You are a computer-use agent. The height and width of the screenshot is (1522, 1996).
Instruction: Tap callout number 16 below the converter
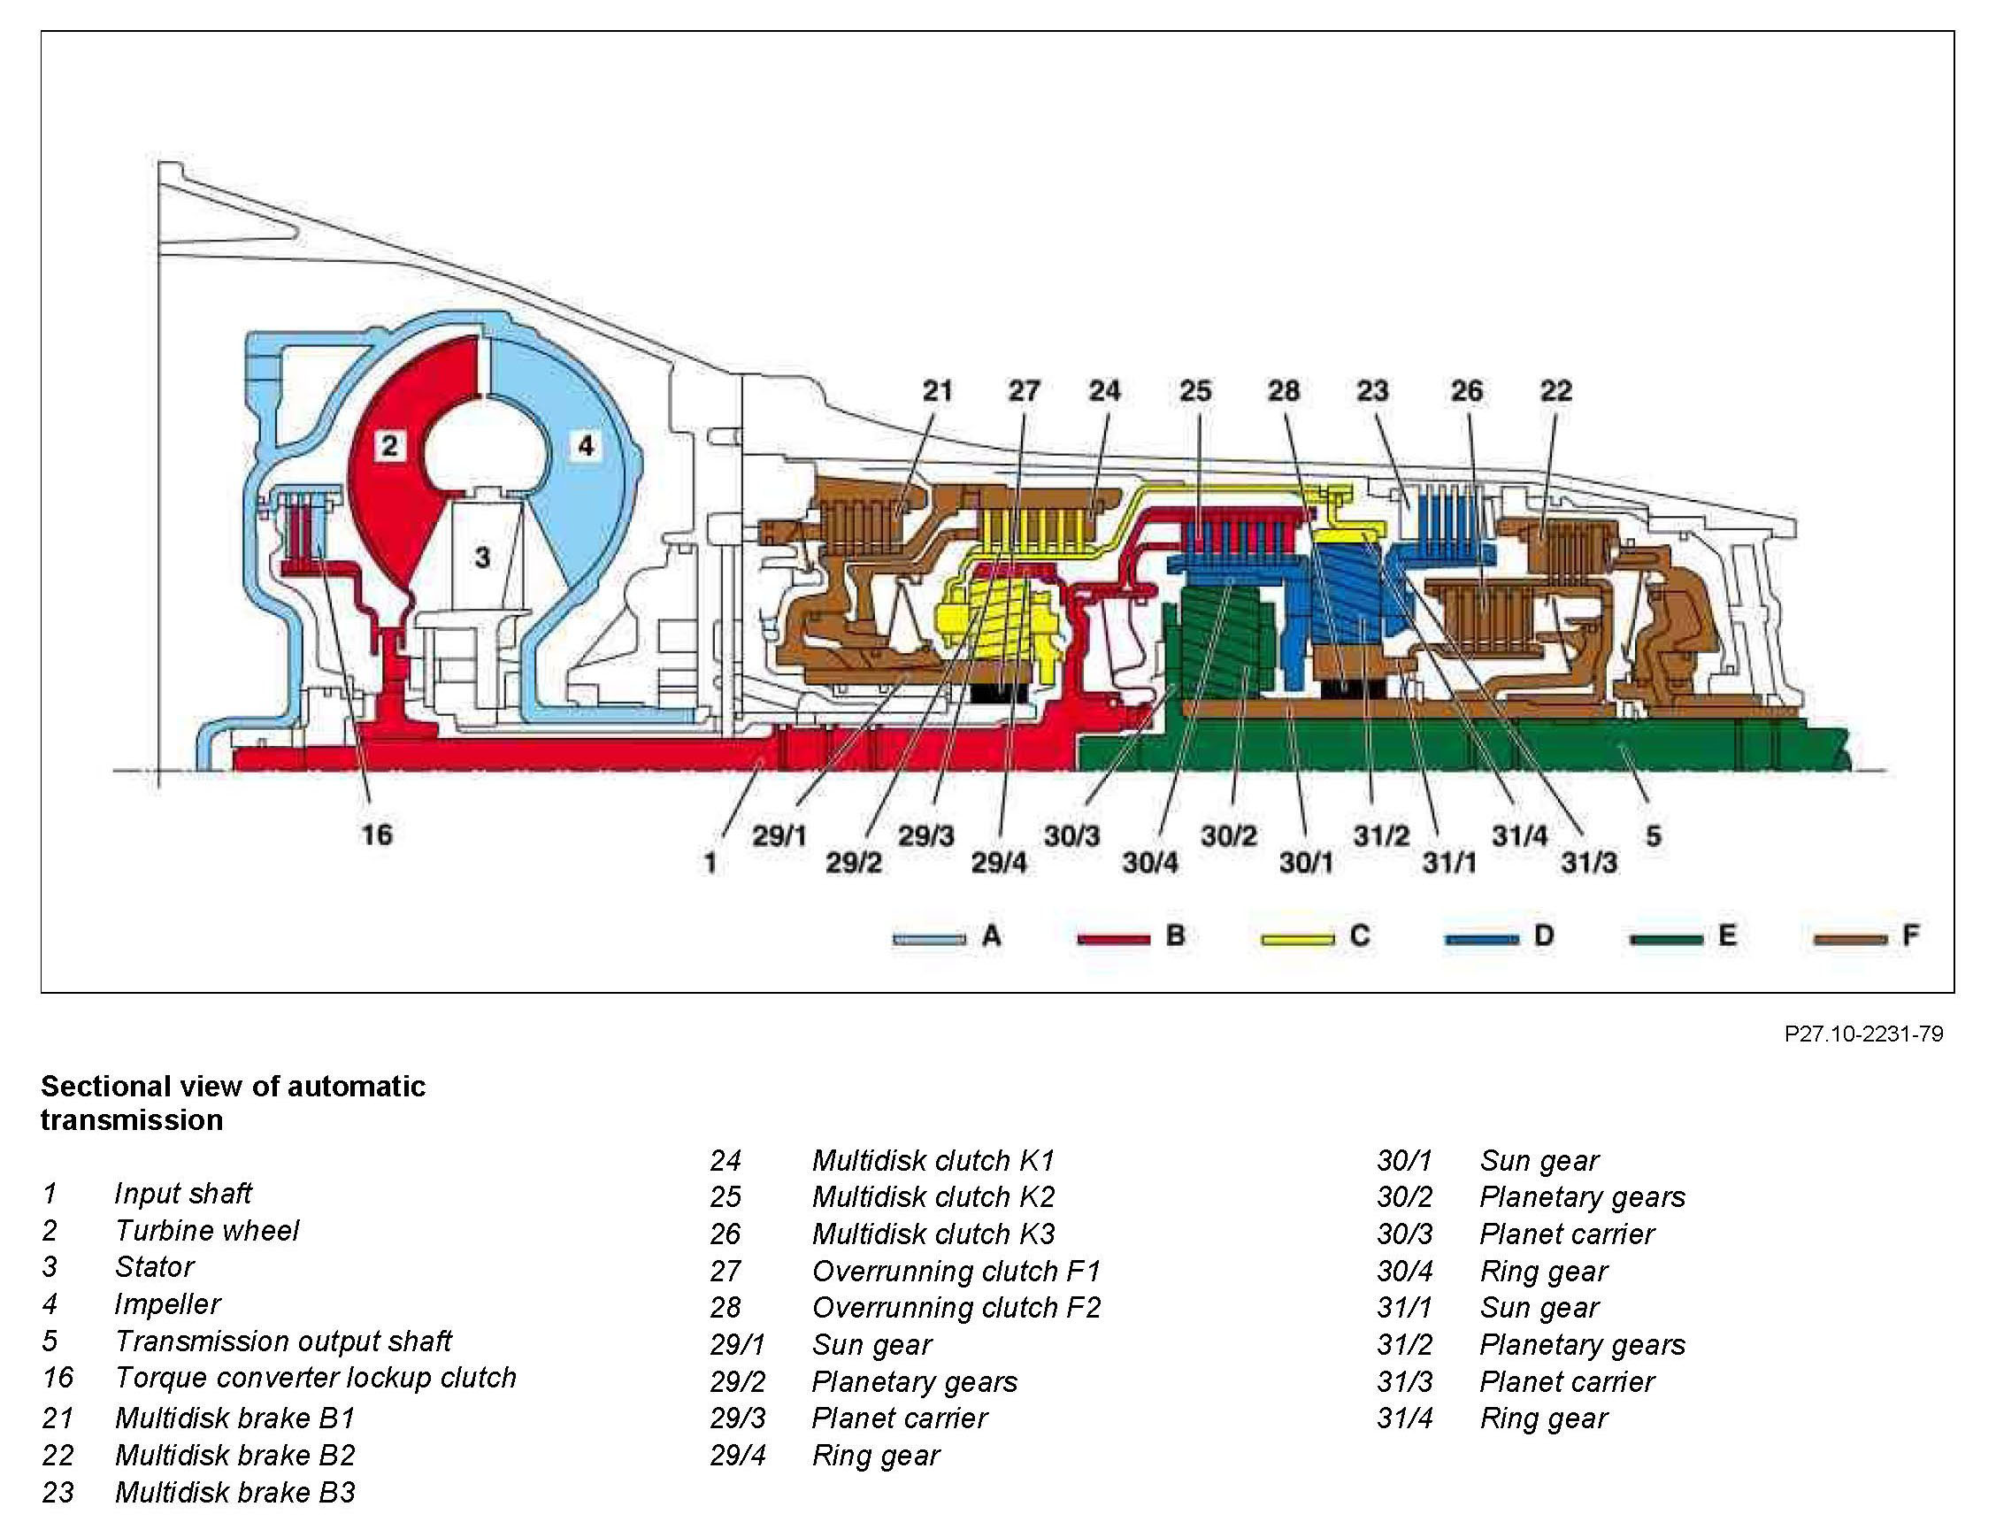(x=377, y=834)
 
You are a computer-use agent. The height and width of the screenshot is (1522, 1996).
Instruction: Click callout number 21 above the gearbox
(x=937, y=391)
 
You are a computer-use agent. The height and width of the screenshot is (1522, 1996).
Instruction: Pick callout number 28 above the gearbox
(x=1283, y=391)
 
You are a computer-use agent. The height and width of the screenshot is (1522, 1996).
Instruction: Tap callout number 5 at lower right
(x=1653, y=835)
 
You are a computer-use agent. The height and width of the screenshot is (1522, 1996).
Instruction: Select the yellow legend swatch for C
(x=1297, y=940)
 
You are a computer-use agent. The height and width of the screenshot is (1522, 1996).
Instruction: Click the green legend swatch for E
(x=1665, y=940)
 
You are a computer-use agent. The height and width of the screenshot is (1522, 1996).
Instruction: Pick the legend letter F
(x=1910, y=935)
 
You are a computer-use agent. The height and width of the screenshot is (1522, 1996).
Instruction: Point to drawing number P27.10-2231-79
(x=1863, y=1034)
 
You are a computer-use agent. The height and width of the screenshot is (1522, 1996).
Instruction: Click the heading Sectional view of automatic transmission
(x=233, y=1103)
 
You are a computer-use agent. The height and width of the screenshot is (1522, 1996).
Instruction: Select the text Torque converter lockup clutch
(x=315, y=1378)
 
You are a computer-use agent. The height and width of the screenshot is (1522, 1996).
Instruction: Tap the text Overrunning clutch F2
(x=956, y=1307)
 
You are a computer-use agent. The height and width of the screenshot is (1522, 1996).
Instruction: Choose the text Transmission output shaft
(x=282, y=1341)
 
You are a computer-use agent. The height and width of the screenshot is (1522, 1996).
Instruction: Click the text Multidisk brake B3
(x=234, y=1492)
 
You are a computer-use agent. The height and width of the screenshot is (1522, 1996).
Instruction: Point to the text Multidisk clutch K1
(x=933, y=1161)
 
